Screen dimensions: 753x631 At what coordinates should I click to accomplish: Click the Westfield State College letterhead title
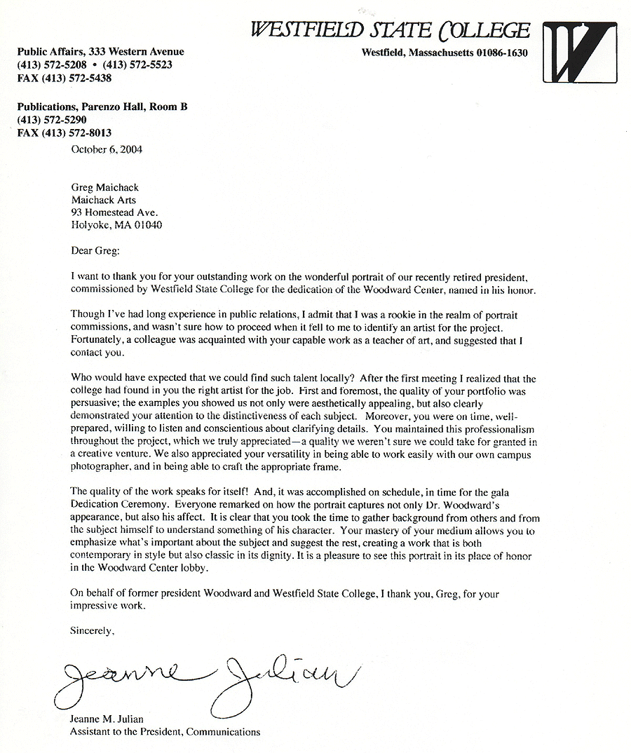coord(391,31)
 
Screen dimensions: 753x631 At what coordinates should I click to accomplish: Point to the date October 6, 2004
coord(107,149)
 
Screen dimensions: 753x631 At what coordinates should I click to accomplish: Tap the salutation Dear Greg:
coord(96,250)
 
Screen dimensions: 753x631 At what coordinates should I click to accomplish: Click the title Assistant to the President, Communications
coord(165,732)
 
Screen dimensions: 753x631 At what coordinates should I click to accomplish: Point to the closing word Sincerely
coord(92,631)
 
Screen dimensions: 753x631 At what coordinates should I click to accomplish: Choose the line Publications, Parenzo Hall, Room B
coord(102,107)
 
